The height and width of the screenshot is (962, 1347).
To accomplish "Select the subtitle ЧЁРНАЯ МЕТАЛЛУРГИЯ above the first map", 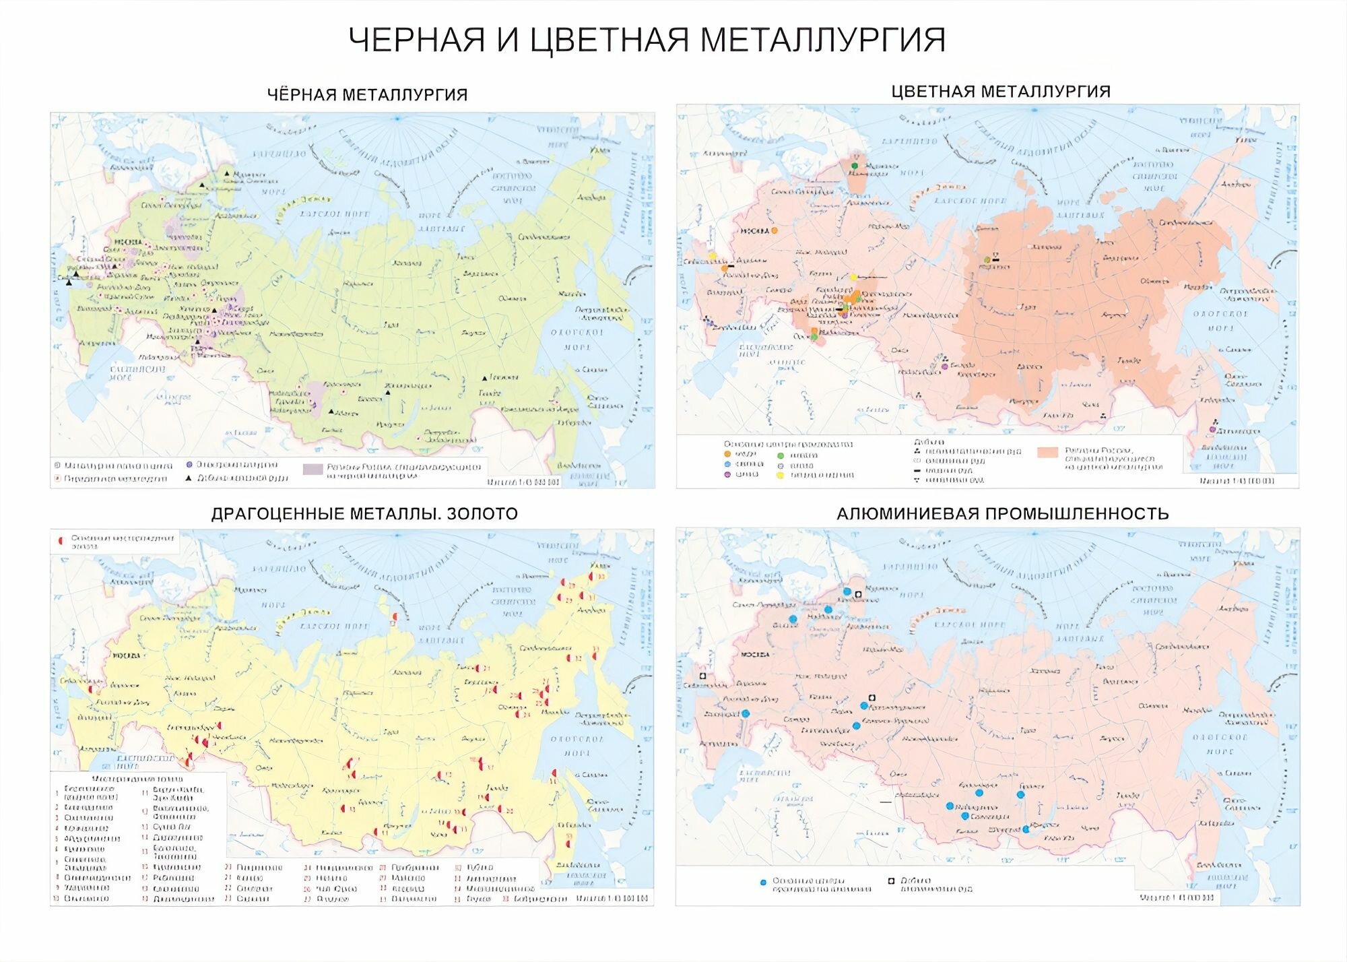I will pos(367,95).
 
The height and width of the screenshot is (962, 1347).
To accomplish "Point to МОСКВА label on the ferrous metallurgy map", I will pos(128,242).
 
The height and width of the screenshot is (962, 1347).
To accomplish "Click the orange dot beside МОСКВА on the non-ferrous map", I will pos(774,230).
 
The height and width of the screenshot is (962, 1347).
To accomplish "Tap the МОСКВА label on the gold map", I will pos(127,655).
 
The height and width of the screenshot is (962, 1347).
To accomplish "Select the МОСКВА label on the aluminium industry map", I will pos(754,655).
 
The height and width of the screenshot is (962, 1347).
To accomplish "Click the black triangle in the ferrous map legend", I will pos(189,478).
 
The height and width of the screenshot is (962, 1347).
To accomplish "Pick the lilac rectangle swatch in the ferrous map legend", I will pos(313,470).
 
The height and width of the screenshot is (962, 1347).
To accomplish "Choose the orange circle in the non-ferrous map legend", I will pos(727,455).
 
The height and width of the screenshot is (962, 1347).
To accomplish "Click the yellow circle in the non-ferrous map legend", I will pos(781,475).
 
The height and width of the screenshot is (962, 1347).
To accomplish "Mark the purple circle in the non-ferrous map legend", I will pos(727,474).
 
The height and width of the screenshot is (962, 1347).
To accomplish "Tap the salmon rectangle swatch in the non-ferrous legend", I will pos(1047,453).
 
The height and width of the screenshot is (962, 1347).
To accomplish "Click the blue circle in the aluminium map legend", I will pos(763,883).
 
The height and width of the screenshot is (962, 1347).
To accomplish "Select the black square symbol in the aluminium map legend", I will pos(891,880).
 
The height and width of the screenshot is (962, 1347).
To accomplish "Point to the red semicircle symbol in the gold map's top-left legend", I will pos(61,540).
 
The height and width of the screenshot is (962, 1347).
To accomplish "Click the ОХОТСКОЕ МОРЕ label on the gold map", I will pos(577,746).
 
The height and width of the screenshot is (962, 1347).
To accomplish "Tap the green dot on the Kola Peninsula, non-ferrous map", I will pos(855,165).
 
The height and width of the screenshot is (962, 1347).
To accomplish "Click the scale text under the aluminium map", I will pos(1177,897).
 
